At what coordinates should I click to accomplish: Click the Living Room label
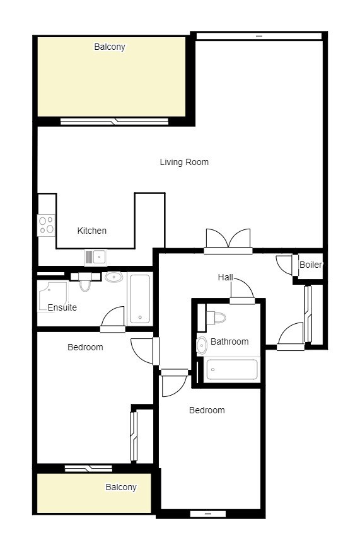click(184, 162)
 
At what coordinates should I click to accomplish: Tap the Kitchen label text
click(91, 231)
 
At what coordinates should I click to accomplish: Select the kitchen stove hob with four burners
click(46, 225)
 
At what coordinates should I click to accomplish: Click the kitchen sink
click(96, 257)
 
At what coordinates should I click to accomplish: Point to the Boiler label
click(311, 265)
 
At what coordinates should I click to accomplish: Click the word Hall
click(225, 277)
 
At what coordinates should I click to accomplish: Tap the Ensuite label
click(62, 307)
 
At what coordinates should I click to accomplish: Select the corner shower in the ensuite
click(52, 296)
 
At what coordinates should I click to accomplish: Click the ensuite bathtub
click(140, 299)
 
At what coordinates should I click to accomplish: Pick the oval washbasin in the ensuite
click(114, 277)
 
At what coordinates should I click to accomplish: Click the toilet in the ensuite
click(85, 282)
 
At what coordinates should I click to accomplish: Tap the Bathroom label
click(229, 341)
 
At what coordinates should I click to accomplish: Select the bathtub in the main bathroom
click(232, 369)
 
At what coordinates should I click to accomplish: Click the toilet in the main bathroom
click(216, 318)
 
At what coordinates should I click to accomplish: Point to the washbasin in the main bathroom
click(202, 345)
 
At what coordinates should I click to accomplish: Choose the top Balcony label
click(110, 47)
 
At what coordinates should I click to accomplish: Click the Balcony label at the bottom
click(121, 487)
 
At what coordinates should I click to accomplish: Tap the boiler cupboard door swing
click(284, 265)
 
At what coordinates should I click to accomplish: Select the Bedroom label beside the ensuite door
click(85, 347)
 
